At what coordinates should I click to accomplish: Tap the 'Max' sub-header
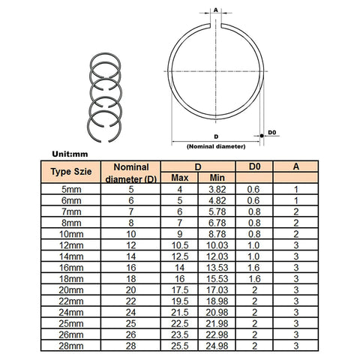[180, 178]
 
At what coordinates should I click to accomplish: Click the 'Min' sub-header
[218, 178]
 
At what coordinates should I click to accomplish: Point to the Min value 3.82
[217, 190]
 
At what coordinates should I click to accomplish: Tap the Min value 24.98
[217, 346]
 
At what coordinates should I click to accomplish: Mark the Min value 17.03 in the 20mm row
[217, 290]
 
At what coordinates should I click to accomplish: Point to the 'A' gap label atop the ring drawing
[215, 10]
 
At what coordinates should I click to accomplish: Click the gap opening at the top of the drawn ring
[215, 28]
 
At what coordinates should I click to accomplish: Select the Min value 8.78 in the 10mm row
[217, 234]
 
